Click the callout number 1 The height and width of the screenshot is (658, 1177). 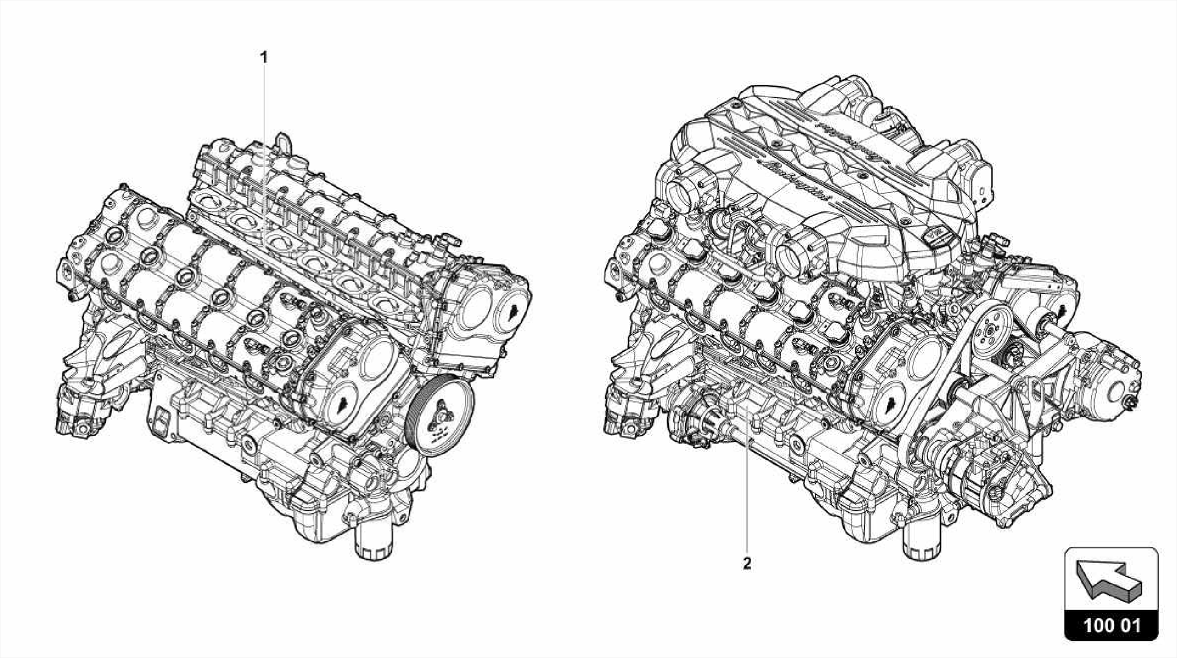click(264, 57)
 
